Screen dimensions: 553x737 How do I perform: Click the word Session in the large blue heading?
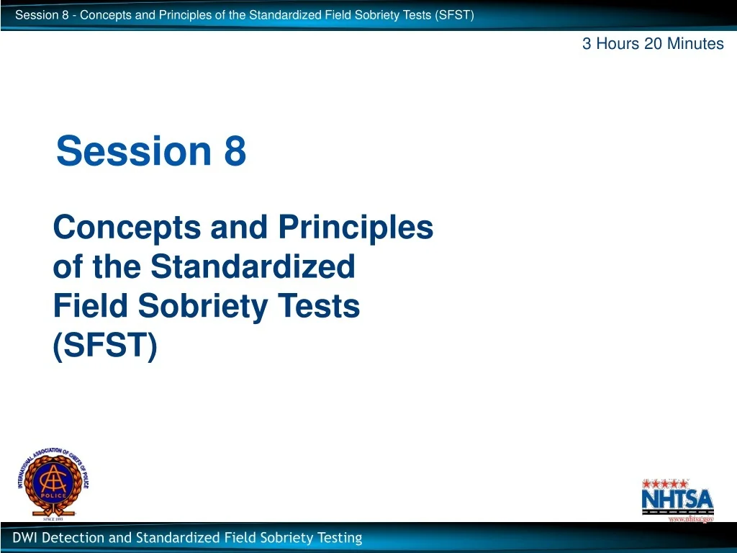134,152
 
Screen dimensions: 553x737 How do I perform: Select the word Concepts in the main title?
127,228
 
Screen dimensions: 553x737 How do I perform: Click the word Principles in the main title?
356,228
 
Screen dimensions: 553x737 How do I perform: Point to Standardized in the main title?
253,267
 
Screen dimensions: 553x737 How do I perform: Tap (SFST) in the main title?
104,346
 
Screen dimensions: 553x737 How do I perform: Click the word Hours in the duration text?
617,44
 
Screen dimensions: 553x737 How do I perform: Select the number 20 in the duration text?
654,44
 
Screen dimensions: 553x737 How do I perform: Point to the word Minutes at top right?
695,44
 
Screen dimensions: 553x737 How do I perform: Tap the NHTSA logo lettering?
677,498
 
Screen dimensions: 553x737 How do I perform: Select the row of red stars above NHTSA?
666,483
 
